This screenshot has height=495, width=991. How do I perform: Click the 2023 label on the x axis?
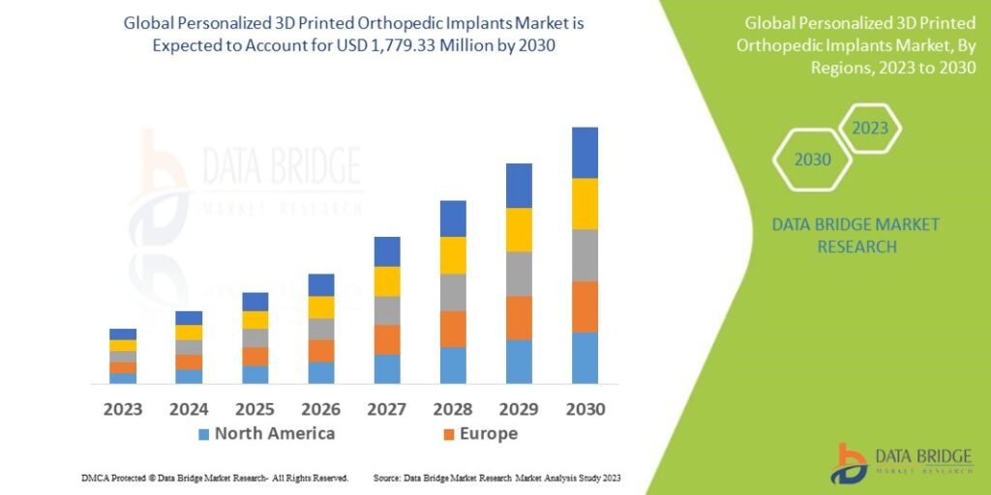(x=123, y=409)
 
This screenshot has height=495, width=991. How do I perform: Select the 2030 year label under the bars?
(x=584, y=409)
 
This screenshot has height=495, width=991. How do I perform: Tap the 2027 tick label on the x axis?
(x=386, y=409)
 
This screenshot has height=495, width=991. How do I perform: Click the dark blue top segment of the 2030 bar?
(x=584, y=153)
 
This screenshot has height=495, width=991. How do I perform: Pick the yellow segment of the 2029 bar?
(x=519, y=229)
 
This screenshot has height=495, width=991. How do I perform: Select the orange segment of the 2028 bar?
(x=453, y=329)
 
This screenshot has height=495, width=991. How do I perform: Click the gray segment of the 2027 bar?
(x=387, y=310)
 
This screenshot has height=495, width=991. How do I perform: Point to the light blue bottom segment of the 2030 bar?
(x=584, y=358)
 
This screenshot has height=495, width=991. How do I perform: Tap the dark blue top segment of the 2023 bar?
(x=123, y=334)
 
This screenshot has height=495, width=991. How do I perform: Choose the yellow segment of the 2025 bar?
(x=255, y=320)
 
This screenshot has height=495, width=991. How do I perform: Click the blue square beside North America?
(x=203, y=434)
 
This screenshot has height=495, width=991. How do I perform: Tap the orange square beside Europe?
(x=447, y=434)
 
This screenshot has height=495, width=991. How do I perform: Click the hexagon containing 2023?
(x=869, y=128)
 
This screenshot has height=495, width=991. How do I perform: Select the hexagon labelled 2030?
(x=812, y=160)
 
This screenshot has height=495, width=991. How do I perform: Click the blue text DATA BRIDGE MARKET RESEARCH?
(x=856, y=235)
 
